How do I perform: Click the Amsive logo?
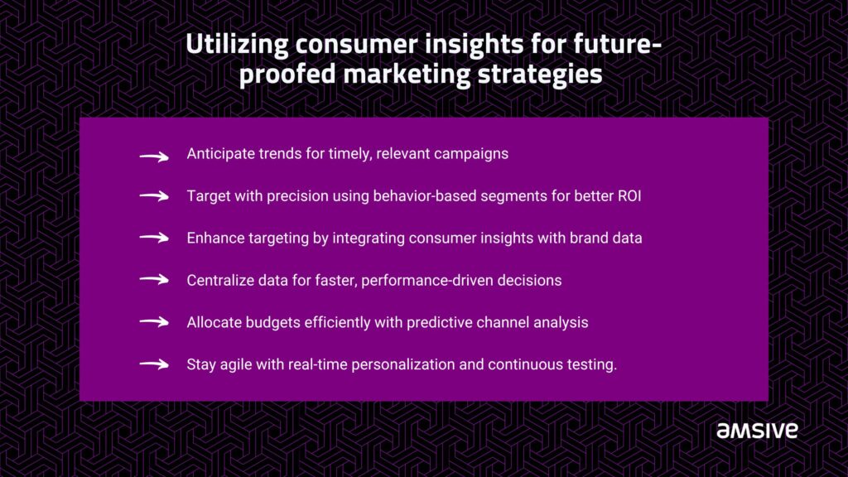coord(757,431)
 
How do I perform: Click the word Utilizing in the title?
coord(237,45)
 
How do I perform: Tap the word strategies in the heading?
coord(540,75)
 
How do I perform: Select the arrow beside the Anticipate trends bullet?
coord(154,157)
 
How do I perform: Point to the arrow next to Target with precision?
coord(154,195)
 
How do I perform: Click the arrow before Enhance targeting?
coord(154,238)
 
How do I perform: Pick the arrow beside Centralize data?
coord(154,280)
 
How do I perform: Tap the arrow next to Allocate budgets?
coord(154,322)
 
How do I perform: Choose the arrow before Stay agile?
coord(154,364)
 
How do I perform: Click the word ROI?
coord(629,195)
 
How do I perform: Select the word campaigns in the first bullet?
coord(471,154)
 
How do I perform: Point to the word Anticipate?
coord(220,154)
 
